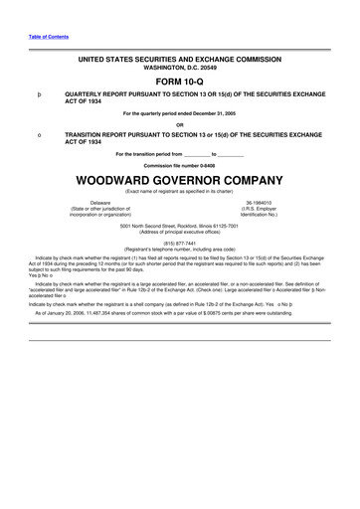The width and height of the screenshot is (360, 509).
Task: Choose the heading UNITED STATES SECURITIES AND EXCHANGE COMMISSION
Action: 179,61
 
